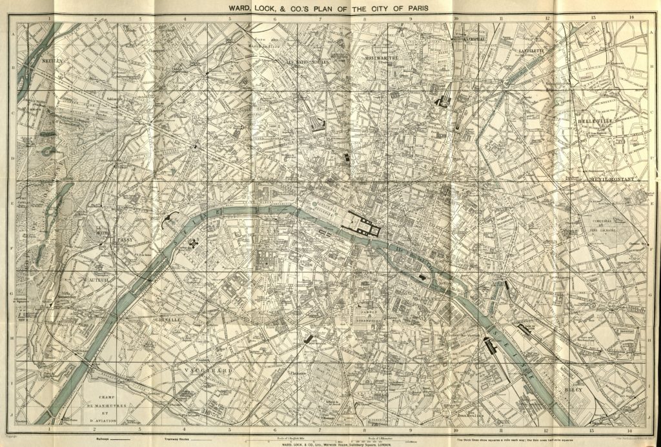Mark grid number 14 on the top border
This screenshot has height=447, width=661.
pos(630,18)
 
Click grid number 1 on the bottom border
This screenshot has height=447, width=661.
pos(49,428)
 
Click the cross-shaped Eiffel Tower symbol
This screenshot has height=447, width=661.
pos(194,243)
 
